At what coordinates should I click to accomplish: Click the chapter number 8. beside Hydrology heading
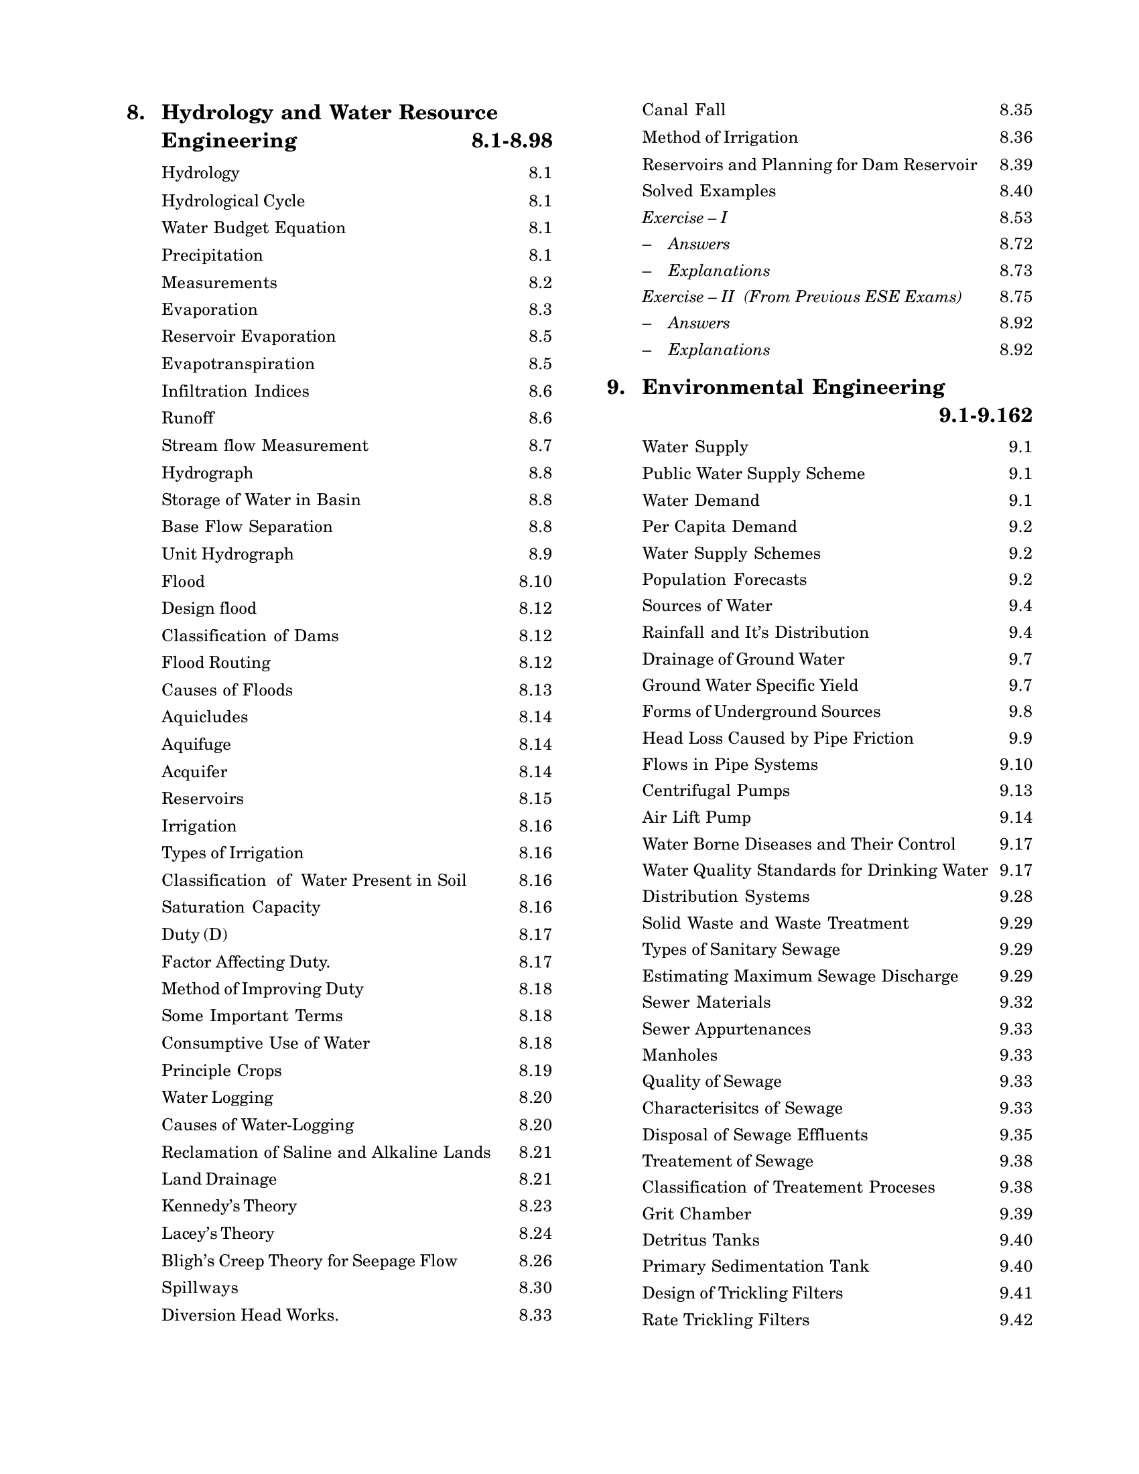tap(135, 113)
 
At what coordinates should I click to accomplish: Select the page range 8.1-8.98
tap(511, 141)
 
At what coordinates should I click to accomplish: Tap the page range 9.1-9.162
tap(985, 416)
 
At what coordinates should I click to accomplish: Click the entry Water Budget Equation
tap(253, 228)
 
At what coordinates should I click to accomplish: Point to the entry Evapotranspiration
tap(238, 364)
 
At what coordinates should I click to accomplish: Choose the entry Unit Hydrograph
tap(227, 554)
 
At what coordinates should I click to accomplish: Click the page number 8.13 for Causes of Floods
tap(535, 690)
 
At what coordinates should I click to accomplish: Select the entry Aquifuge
tap(196, 744)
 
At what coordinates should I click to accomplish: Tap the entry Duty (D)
tap(194, 935)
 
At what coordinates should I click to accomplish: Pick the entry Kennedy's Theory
tap(228, 1206)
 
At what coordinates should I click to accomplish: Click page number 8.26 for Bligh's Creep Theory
tap(535, 1261)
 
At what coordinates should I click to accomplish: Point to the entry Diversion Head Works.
tap(250, 1315)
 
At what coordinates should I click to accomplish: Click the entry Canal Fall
tap(683, 110)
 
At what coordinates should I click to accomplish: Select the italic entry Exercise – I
tap(684, 218)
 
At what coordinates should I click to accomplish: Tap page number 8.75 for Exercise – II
tap(1016, 297)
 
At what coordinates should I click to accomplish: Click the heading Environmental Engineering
tap(793, 387)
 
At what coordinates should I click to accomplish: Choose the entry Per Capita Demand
tap(720, 527)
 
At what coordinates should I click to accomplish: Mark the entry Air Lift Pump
tap(696, 817)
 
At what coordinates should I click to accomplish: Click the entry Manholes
tap(679, 1055)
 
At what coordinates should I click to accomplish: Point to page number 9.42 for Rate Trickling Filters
tap(1016, 1319)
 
